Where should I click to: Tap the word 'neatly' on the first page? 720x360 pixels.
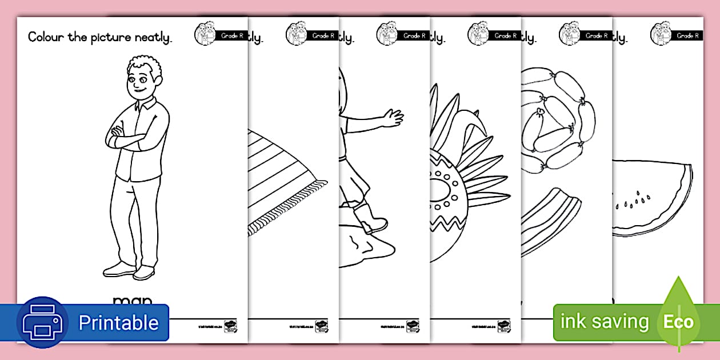coord(153,38)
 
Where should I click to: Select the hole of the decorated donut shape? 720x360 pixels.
coord(440,189)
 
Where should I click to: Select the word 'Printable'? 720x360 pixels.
coord(118,323)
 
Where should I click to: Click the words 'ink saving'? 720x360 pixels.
coord(605,322)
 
